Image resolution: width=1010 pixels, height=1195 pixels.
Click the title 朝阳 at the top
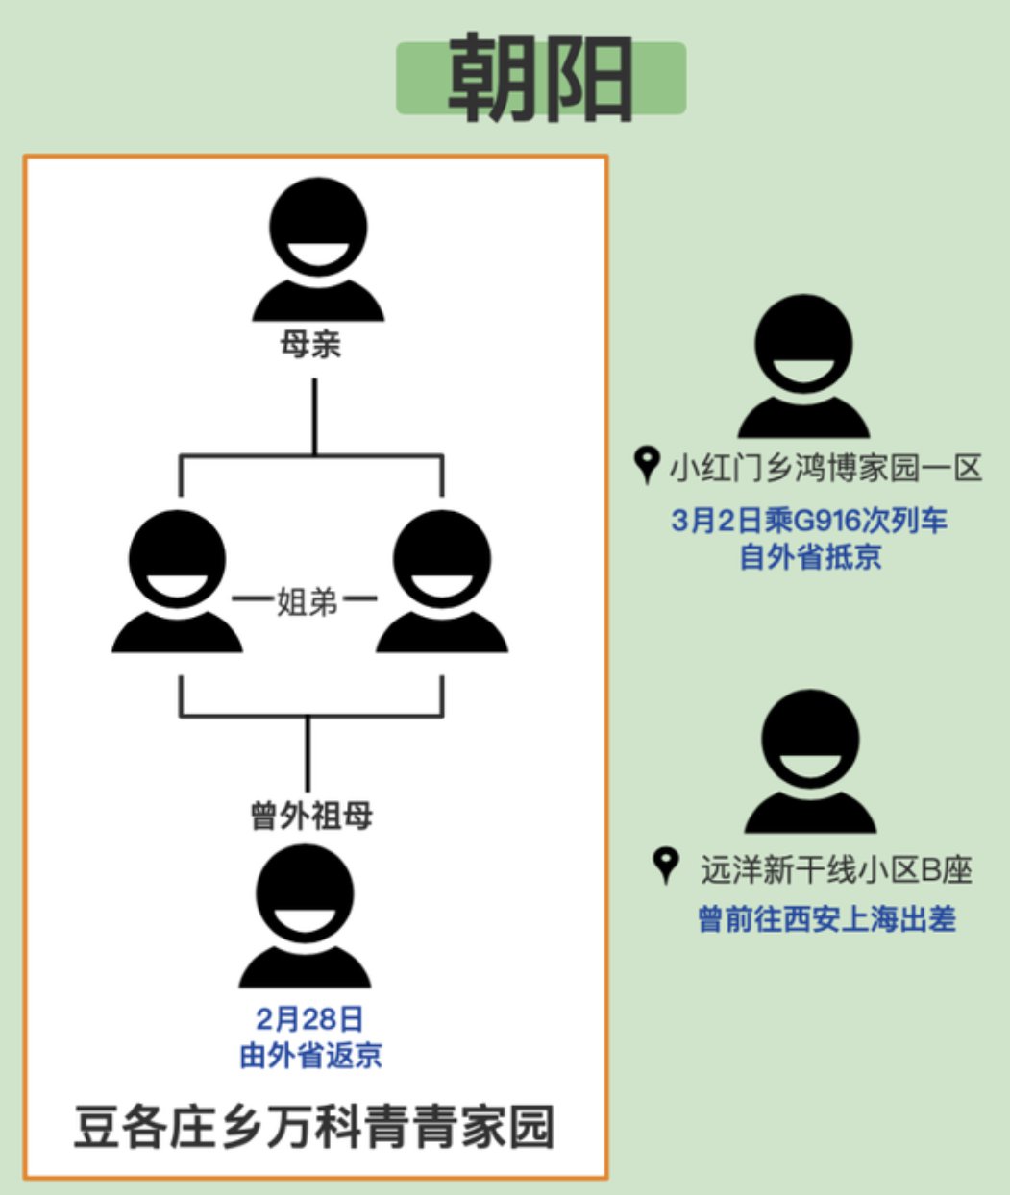point(540,78)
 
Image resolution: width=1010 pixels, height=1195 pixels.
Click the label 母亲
point(310,344)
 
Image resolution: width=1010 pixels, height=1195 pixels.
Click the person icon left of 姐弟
point(177,582)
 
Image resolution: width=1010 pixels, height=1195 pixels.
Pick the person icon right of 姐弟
point(442,582)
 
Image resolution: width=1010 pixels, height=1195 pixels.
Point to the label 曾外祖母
point(310,816)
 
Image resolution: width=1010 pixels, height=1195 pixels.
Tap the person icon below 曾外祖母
point(306,917)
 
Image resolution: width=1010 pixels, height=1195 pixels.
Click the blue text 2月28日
point(309,1018)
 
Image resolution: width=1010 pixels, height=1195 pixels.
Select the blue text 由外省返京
point(309,1055)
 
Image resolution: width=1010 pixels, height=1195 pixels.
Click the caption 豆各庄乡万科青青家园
point(314,1127)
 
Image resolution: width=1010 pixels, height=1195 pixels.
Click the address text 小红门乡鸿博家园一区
point(825,468)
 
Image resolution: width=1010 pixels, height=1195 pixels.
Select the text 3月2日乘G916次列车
point(809,521)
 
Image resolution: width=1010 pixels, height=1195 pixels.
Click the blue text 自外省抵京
point(809,556)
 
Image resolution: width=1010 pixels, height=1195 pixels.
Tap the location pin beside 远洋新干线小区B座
point(664,866)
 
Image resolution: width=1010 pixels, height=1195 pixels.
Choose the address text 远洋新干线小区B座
point(836,869)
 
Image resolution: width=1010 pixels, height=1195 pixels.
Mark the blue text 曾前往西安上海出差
point(826,919)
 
